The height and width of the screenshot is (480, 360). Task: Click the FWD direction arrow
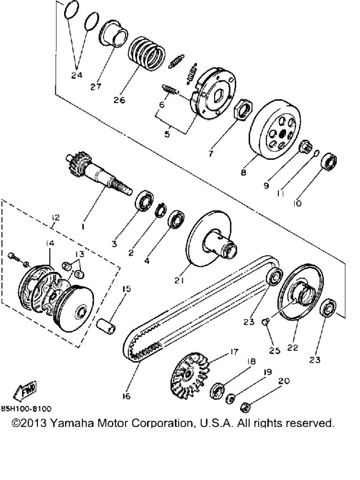(x=24, y=391)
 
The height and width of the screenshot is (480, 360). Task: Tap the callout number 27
(x=96, y=87)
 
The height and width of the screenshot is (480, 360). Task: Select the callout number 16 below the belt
(x=126, y=396)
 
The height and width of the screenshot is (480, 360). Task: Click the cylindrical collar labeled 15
(x=107, y=325)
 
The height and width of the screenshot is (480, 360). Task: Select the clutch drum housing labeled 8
(x=276, y=129)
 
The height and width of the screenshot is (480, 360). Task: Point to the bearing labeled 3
(x=144, y=201)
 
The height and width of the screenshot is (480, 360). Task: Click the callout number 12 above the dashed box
(x=55, y=217)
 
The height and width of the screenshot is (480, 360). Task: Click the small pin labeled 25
(x=265, y=322)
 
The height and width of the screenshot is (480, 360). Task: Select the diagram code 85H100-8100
(x=26, y=409)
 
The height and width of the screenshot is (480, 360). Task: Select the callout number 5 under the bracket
(x=167, y=134)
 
